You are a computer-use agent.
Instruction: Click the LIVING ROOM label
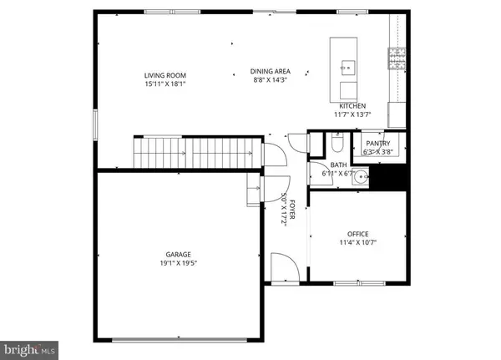163,75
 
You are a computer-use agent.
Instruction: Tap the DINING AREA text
271,72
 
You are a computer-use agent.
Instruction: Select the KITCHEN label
352,106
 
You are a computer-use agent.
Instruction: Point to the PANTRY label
377,144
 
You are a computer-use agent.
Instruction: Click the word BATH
338,165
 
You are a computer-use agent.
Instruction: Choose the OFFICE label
357,234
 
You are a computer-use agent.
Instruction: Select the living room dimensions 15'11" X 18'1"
163,84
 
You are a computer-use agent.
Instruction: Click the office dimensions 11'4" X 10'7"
357,243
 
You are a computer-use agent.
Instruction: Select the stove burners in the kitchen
396,57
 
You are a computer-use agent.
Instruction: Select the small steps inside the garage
252,190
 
